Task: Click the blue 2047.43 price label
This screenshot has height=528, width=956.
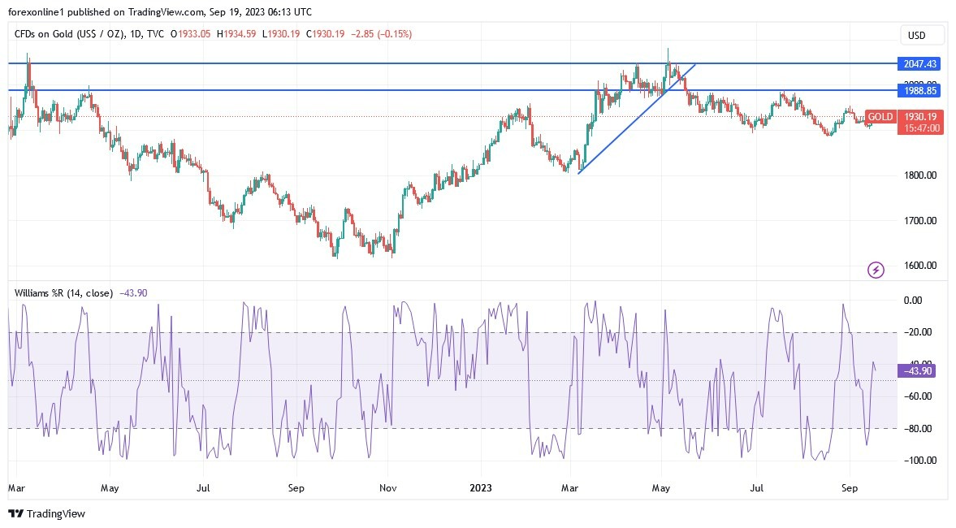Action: click(920, 63)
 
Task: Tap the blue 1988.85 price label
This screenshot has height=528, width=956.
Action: click(920, 90)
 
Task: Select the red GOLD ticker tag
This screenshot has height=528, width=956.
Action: click(880, 117)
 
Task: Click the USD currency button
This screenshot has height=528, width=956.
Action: click(922, 35)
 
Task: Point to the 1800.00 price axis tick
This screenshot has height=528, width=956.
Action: click(921, 175)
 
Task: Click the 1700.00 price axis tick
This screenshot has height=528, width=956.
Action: click(921, 220)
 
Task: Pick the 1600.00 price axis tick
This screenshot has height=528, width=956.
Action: click(921, 266)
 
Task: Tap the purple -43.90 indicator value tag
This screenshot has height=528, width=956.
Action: click(920, 370)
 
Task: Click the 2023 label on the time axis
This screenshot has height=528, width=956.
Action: click(481, 489)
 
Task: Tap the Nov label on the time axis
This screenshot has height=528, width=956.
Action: click(388, 489)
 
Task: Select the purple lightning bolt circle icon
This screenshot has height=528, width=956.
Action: click(876, 270)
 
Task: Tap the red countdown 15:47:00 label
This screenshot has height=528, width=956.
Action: click(923, 128)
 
